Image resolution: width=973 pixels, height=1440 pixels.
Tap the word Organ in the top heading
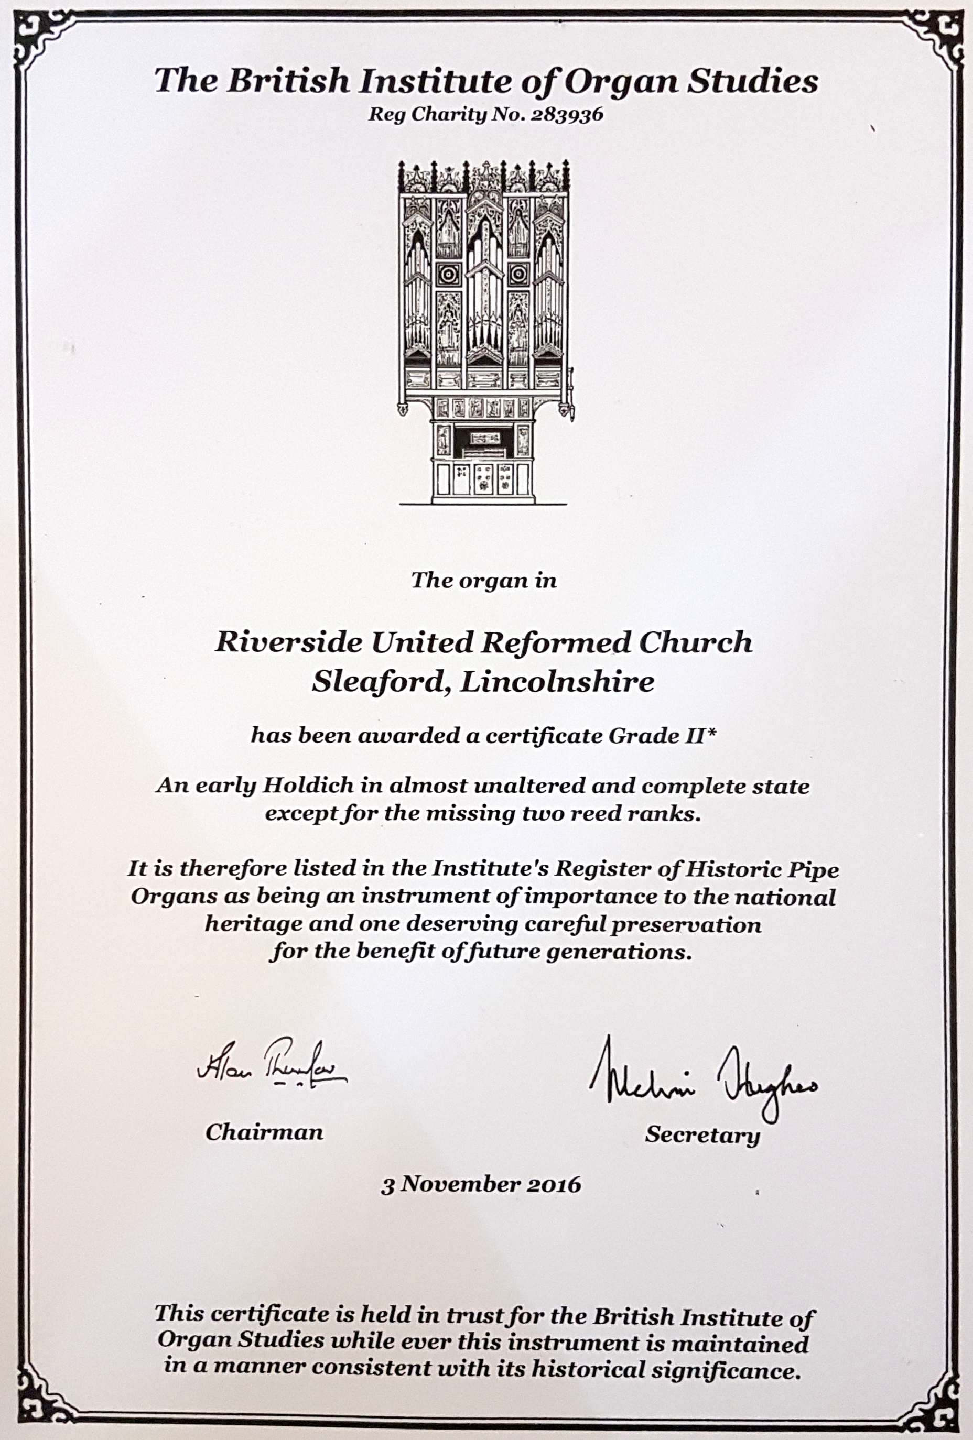pos(617,82)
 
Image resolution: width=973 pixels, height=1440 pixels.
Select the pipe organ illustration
pos(485,332)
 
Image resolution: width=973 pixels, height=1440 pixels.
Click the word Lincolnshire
pos(557,682)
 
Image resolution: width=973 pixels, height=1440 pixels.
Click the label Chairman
pos(264,1133)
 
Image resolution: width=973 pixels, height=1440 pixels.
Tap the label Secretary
pos(701,1135)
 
